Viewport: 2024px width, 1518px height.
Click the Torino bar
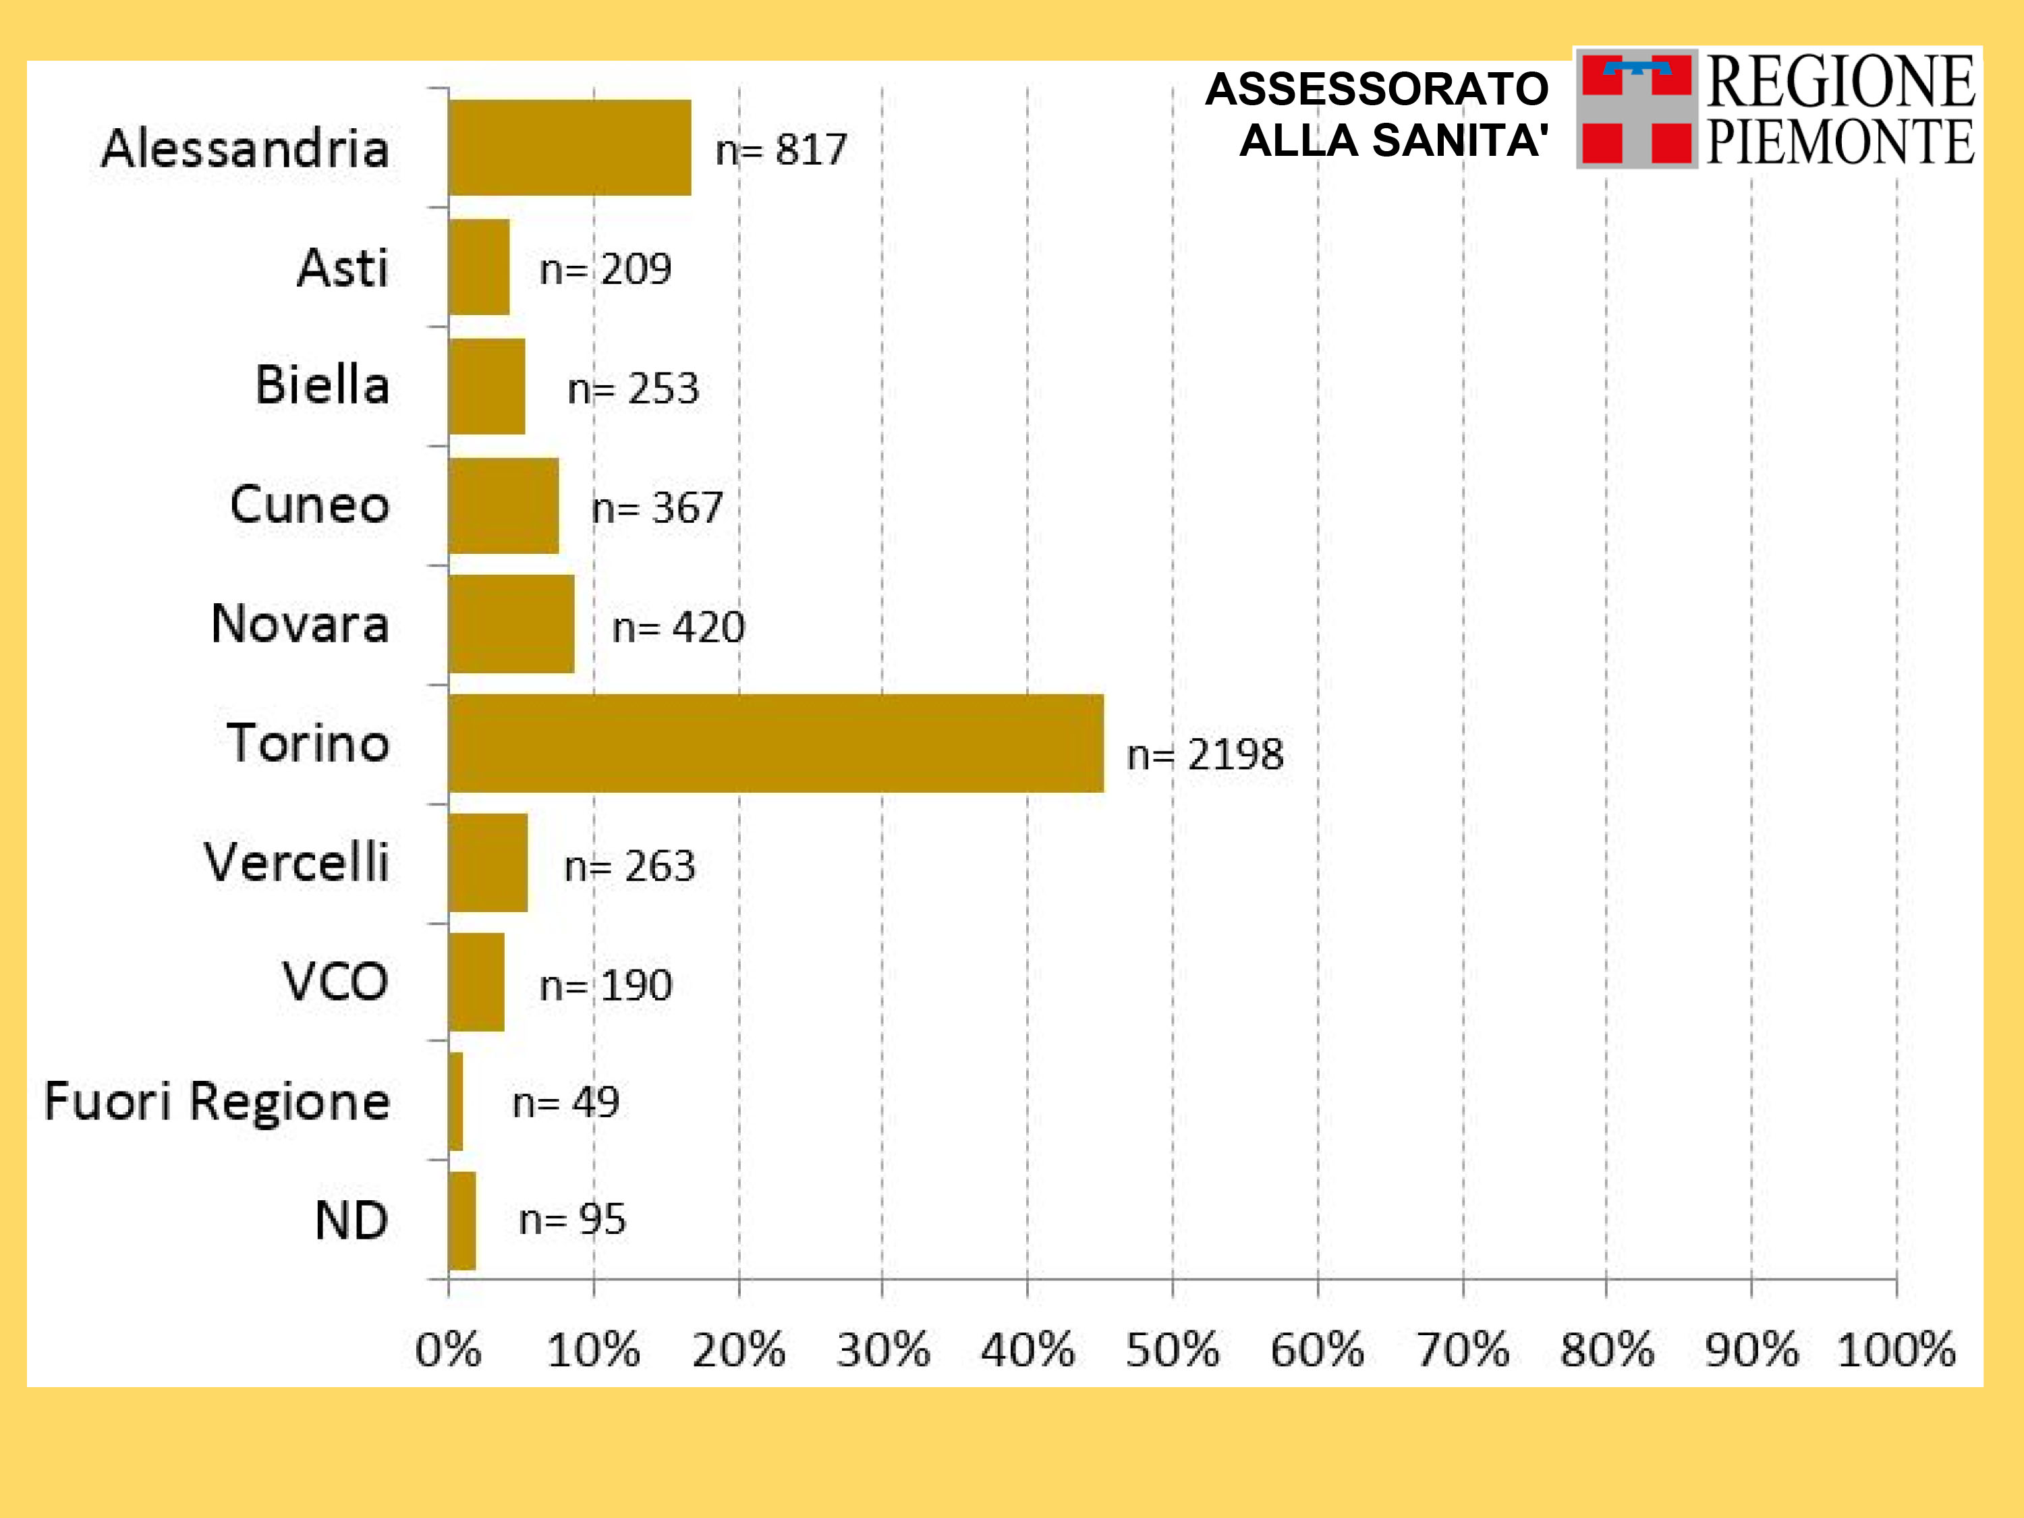776,743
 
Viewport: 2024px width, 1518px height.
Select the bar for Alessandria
569,147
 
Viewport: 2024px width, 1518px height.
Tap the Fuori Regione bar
455,1101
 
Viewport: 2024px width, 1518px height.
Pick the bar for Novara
511,624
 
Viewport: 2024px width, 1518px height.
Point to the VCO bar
476,982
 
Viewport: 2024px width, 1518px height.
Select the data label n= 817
781,150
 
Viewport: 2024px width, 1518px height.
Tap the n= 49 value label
565,1102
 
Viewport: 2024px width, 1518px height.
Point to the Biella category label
322,385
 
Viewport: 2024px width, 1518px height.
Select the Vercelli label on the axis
296,863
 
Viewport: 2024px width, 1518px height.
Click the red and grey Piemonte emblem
1636,108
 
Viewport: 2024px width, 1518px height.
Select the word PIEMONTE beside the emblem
1840,143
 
